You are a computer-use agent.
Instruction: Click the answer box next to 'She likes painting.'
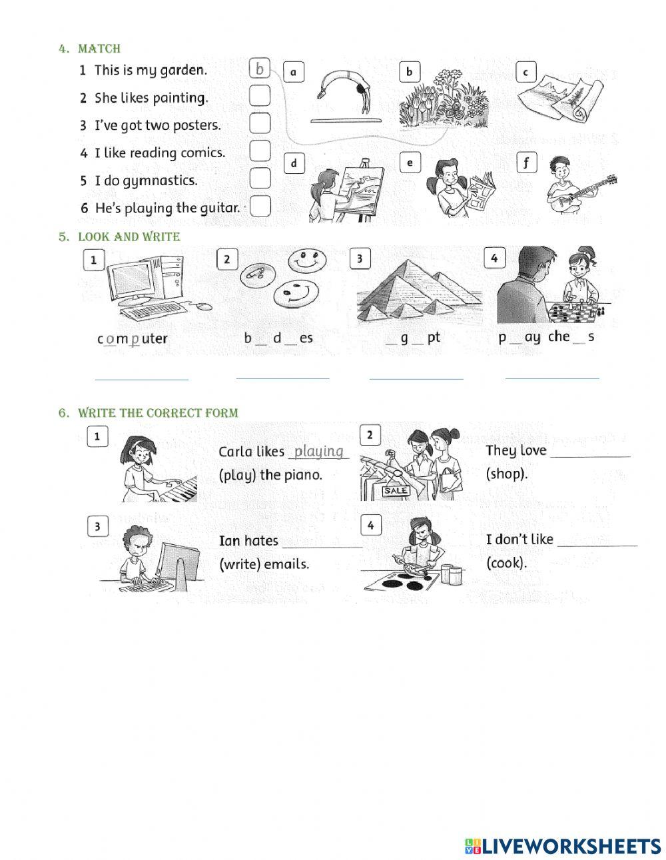pos(260,97)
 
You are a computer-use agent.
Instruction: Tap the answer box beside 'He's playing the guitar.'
pos(260,207)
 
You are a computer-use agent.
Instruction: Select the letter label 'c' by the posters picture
pos(525,72)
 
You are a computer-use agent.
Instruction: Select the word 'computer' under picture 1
pos(133,338)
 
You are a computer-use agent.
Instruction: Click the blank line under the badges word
pos(282,378)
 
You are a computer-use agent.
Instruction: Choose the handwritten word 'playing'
pos(319,451)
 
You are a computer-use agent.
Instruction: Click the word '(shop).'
pos(507,474)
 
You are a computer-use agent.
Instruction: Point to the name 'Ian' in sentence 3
pos(230,540)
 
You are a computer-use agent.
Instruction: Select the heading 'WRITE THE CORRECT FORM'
pos(158,413)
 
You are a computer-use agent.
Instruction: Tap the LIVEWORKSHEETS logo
pos(563,846)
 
